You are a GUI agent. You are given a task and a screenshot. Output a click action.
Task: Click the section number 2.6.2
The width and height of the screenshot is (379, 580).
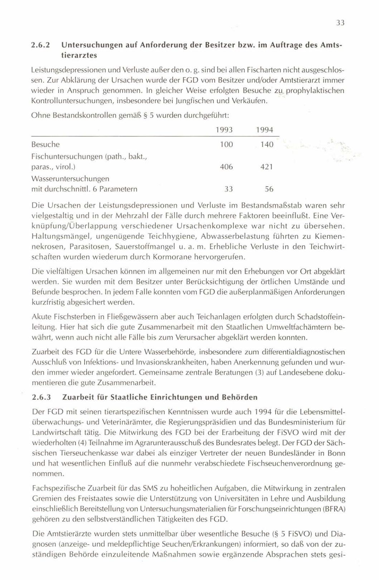[x=40, y=46]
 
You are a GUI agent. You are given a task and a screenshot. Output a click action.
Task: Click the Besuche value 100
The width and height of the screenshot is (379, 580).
[x=226, y=145]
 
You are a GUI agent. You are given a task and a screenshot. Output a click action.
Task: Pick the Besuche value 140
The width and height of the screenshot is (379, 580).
[x=267, y=145]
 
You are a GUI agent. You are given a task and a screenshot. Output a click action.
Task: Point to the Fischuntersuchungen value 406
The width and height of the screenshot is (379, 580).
[x=226, y=167]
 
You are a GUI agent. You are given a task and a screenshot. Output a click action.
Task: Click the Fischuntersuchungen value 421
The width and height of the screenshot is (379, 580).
[x=267, y=167]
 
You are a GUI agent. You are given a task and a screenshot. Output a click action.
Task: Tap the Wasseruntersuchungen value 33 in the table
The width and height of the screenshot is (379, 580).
[x=228, y=189]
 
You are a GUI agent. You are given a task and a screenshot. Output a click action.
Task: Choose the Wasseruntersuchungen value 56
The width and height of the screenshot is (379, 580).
[x=269, y=189]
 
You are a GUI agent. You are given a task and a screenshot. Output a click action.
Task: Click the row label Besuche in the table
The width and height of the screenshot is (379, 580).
[x=45, y=145]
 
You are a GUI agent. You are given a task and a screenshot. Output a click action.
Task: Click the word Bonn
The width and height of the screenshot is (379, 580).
[x=336, y=453]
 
